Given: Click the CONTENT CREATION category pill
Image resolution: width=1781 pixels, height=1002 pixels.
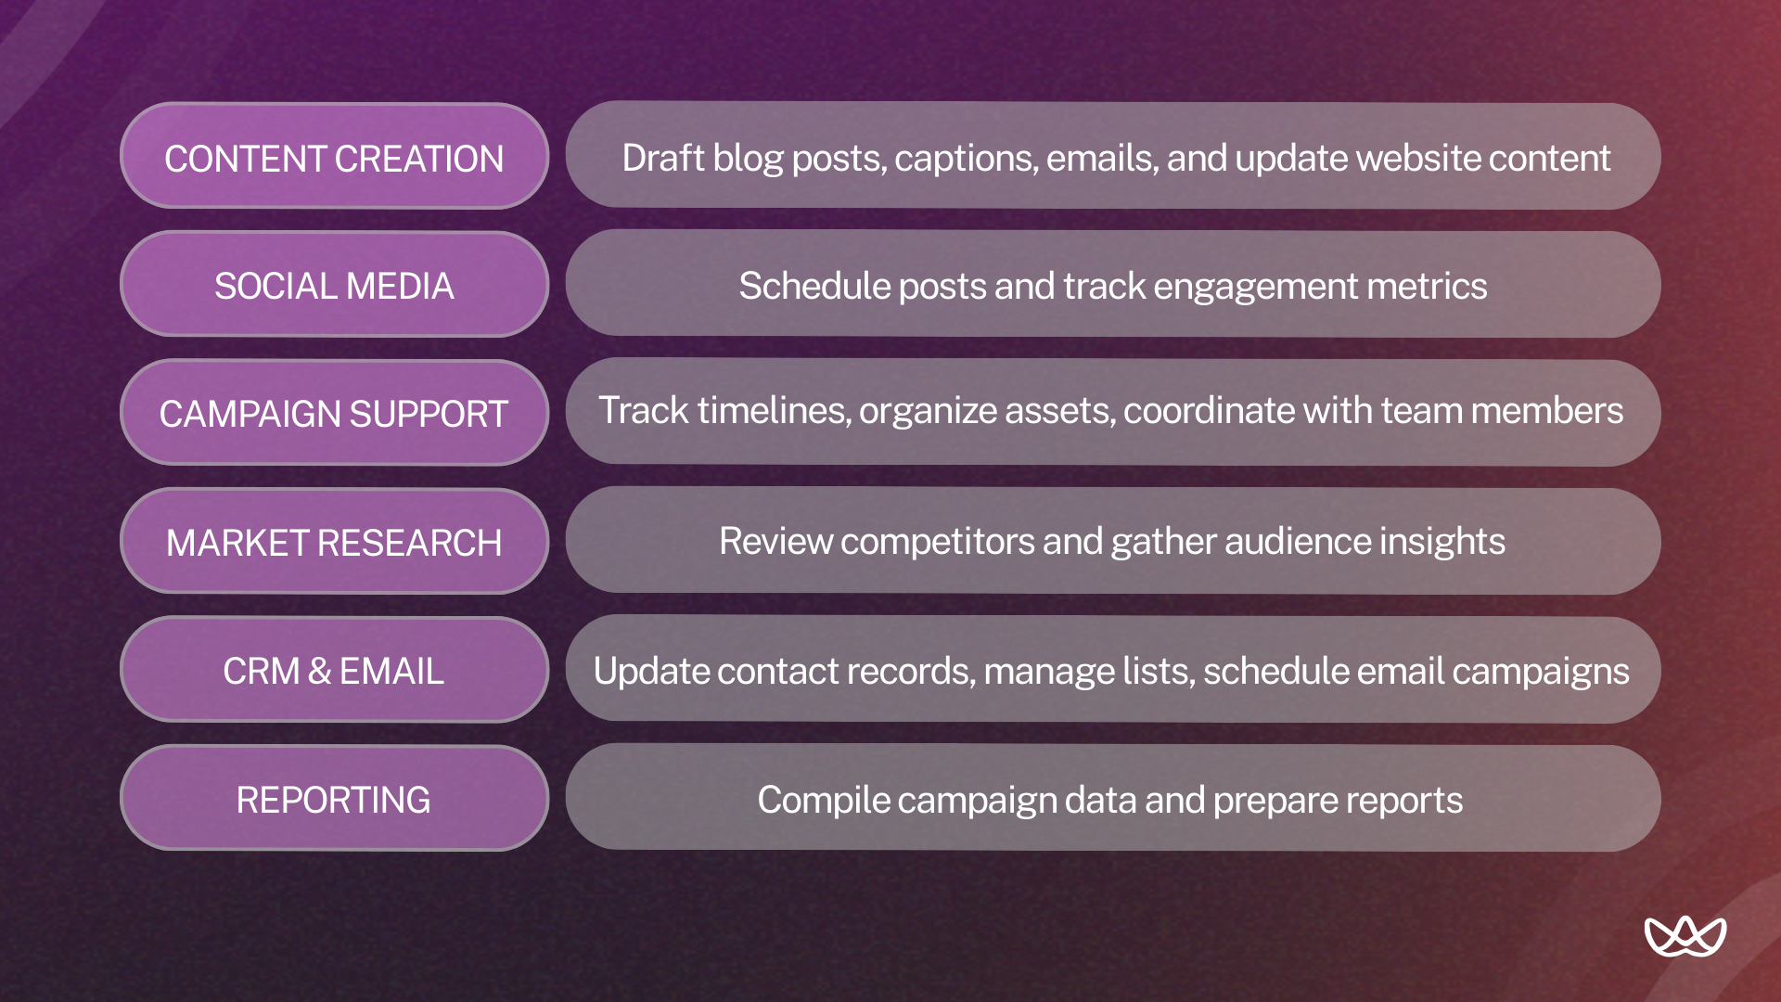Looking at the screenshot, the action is [334, 156].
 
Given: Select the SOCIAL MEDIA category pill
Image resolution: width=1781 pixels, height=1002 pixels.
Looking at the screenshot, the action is [334, 284].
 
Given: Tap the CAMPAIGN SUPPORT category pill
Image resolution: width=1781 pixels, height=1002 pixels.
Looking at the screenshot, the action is [334, 413].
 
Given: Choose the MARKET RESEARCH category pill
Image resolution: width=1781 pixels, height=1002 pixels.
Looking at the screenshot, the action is [334, 541].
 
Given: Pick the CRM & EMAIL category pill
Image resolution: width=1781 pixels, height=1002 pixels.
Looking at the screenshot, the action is [334, 670].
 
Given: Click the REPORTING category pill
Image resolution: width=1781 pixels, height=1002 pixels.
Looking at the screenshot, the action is [334, 798].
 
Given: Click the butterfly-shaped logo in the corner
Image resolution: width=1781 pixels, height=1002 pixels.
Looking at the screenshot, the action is [1685, 936].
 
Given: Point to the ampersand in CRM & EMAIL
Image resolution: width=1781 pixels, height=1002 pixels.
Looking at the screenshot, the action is [319, 671].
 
